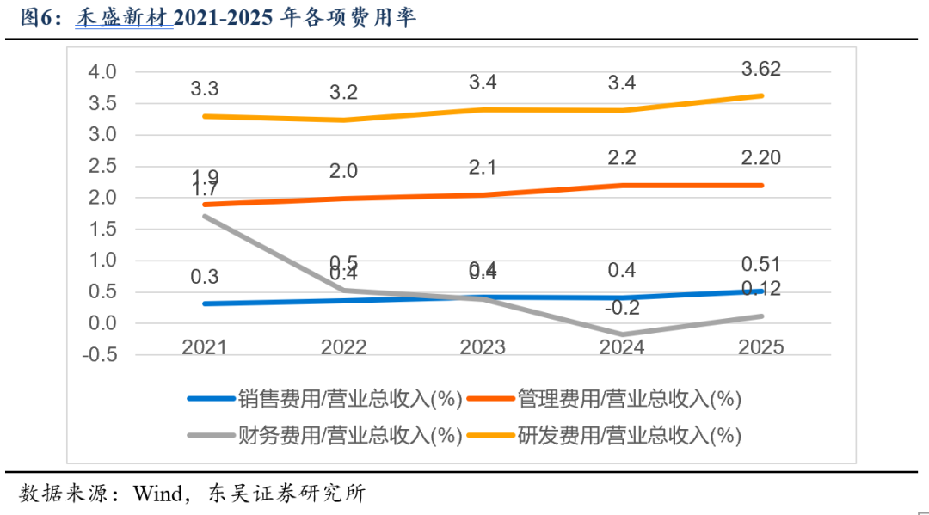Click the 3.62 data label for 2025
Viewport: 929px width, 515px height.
[x=761, y=70]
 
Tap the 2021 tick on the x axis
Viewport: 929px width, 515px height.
[x=204, y=346]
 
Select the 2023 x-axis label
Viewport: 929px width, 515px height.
[x=483, y=346]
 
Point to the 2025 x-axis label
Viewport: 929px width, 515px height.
[x=761, y=346]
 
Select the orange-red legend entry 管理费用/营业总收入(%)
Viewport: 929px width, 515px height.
[x=629, y=398]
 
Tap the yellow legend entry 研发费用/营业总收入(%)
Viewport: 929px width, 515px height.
[x=629, y=435]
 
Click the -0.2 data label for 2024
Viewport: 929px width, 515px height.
[x=622, y=307]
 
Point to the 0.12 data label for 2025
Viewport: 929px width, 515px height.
[x=761, y=289]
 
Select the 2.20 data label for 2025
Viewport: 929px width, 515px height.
[x=761, y=156]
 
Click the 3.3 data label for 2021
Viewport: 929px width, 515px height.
[x=204, y=89]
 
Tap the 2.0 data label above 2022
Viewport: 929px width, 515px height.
[x=343, y=171]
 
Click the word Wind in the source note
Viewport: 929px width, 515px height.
[x=156, y=494]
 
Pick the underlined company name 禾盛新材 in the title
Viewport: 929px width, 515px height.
[x=124, y=18]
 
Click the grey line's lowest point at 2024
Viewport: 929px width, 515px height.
[x=622, y=334]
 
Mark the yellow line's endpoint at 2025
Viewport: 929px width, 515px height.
[x=761, y=95]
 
